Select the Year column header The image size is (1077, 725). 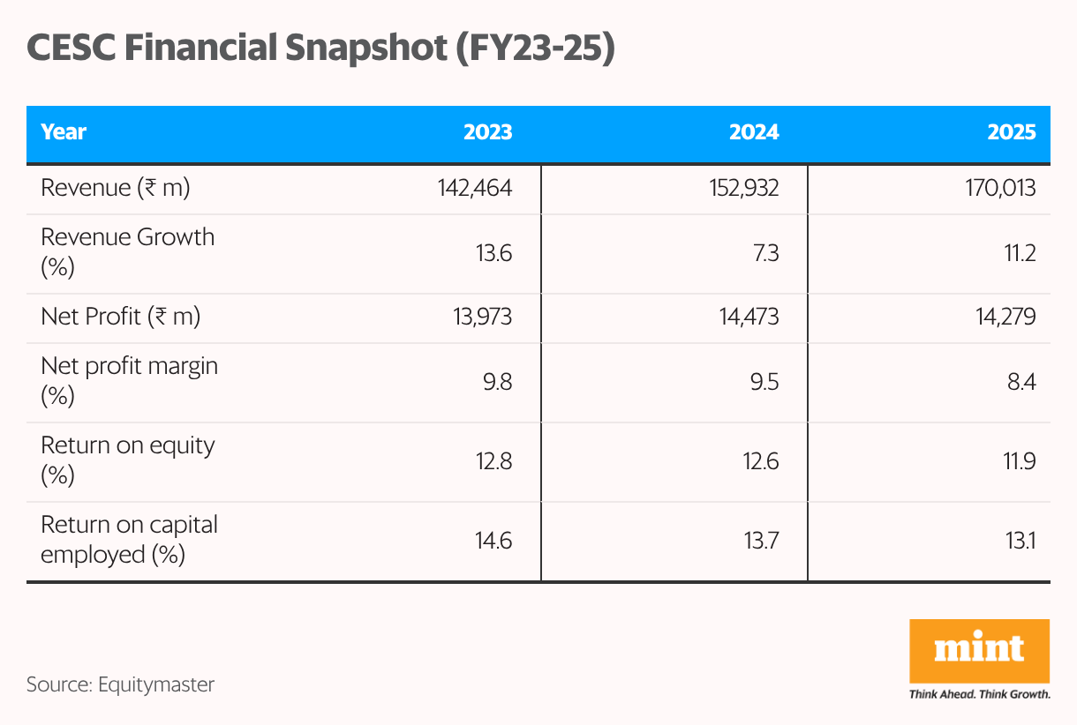click(64, 132)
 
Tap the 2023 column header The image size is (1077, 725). click(487, 132)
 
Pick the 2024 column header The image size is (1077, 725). click(754, 132)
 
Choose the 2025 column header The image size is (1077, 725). click(1012, 132)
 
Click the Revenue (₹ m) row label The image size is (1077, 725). click(116, 188)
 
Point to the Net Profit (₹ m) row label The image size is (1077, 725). click(121, 317)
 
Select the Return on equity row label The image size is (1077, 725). click(128, 460)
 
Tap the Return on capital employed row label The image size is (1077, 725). click(129, 539)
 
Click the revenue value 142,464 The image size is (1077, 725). click(474, 188)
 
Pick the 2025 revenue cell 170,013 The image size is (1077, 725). click(1000, 188)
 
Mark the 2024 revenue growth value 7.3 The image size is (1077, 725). click(763, 253)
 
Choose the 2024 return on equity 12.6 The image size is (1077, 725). click(760, 461)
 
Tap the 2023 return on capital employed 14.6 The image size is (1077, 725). click(493, 541)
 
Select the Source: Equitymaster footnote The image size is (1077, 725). click(120, 684)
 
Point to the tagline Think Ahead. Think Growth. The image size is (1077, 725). click(979, 694)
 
